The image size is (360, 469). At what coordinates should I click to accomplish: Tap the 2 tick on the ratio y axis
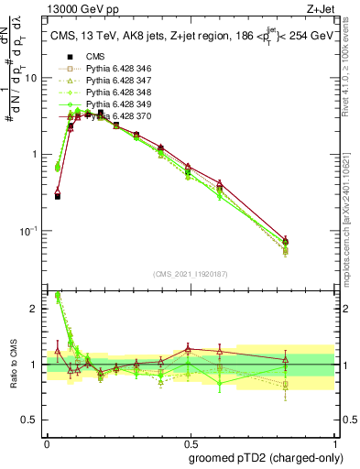[x=37, y=309]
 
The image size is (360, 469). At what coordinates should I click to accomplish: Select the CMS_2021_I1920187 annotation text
[x=190, y=273]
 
